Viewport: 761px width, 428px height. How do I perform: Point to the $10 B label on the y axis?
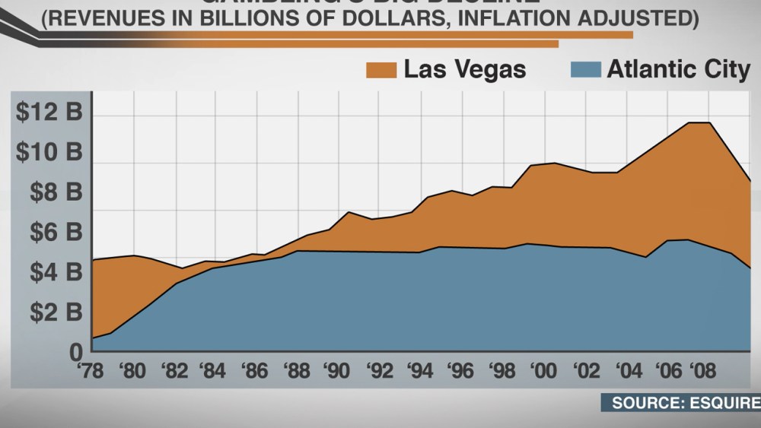(47, 153)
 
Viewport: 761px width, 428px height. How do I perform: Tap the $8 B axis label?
(53, 192)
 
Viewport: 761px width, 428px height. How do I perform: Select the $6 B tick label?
(53, 232)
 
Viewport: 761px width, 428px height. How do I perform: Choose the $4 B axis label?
(53, 272)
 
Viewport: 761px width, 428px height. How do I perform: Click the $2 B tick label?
(53, 312)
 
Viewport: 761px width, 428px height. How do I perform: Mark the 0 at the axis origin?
(75, 352)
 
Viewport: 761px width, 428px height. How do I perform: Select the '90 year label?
(336, 373)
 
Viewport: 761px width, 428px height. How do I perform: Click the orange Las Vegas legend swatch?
(381, 70)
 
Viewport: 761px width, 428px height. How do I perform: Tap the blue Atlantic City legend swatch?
(584, 70)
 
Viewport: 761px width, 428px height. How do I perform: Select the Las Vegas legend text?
(464, 70)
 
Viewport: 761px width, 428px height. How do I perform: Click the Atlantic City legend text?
(678, 70)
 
